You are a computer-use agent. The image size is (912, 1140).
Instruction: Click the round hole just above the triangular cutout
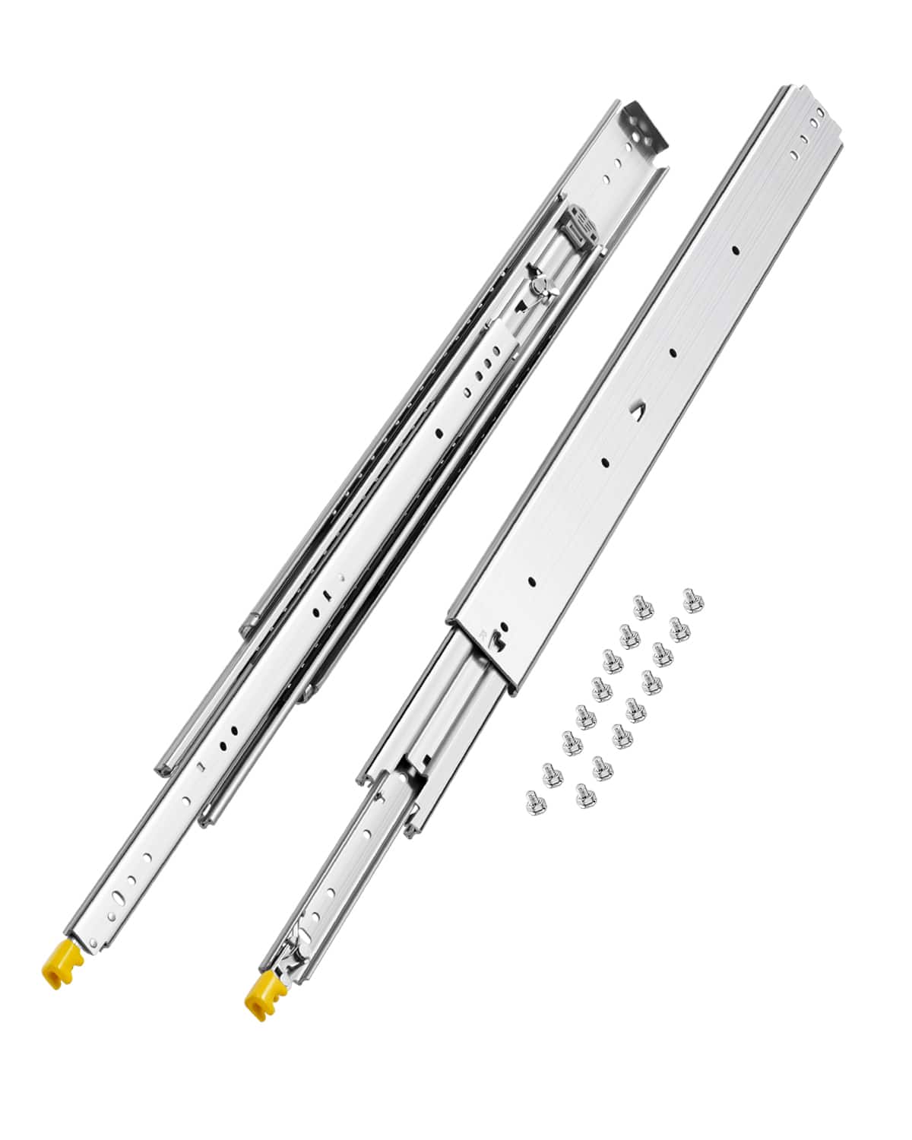[x=673, y=352]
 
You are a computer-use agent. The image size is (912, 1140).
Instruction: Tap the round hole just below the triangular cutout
[x=605, y=462]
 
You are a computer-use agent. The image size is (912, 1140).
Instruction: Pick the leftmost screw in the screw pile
[x=531, y=799]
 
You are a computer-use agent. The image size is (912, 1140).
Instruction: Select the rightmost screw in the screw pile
[x=691, y=597]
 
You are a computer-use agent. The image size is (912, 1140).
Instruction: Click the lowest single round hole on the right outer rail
[x=532, y=582]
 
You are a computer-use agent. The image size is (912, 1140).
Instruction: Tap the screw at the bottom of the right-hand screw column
[x=584, y=795]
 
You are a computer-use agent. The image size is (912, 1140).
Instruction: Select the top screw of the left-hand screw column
[x=640, y=606]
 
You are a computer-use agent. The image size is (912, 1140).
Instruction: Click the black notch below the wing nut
[x=520, y=308]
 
